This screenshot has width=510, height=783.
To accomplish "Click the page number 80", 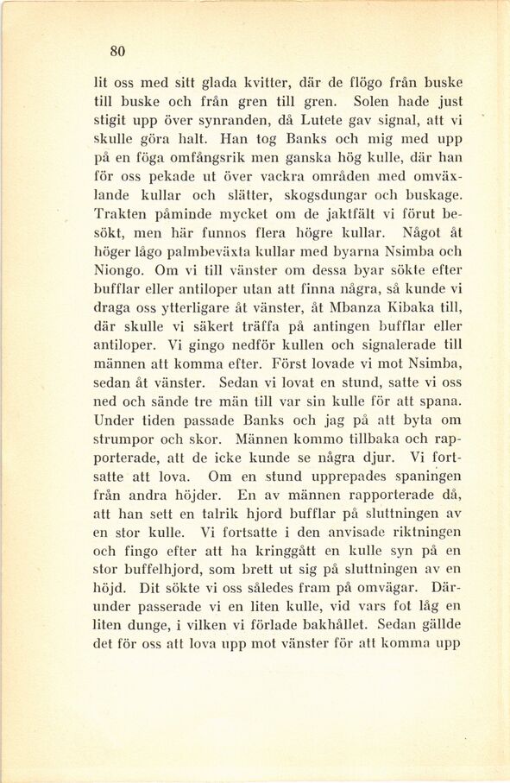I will [x=118, y=51].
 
